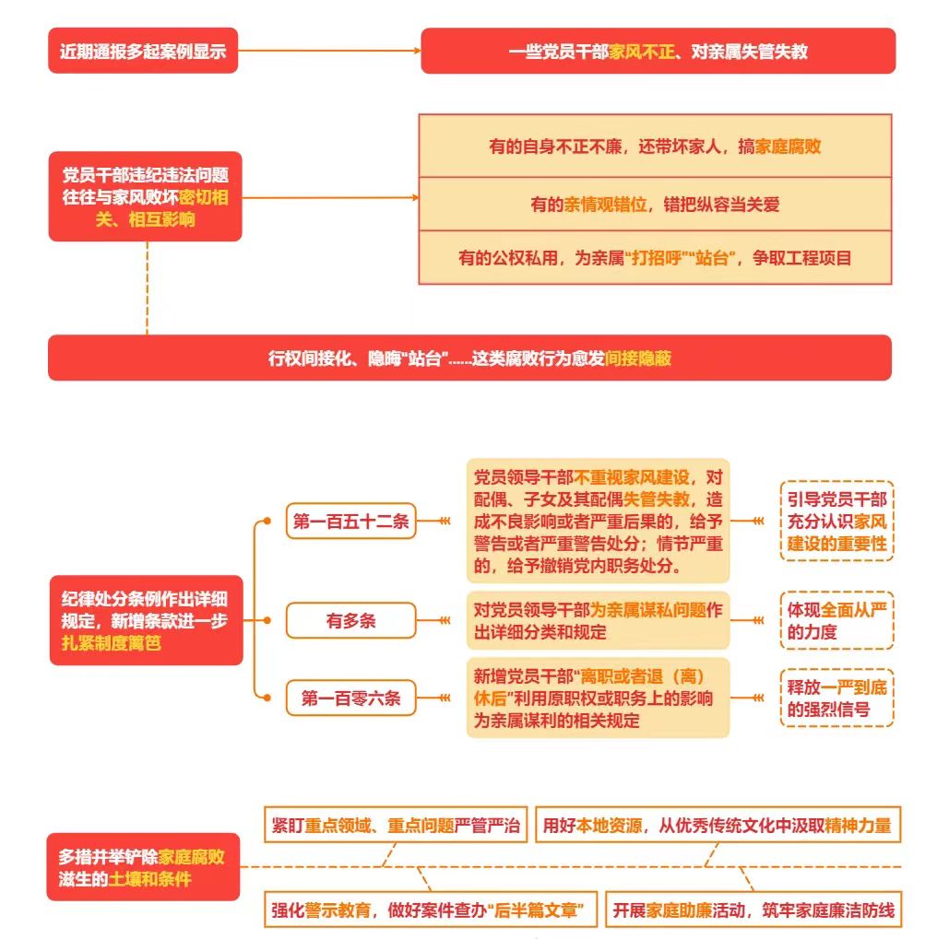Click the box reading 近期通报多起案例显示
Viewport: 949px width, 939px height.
click(x=143, y=51)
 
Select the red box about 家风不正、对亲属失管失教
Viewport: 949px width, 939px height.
click(x=658, y=51)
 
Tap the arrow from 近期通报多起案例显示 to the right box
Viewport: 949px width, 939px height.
click(x=329, y=51)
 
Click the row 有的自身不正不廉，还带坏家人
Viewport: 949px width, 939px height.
click(x=655, y=147)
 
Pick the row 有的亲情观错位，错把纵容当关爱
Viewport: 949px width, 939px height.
click(x=655, y=205)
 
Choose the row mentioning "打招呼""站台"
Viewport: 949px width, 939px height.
click(x=655, y=258)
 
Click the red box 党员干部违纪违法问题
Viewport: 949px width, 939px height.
click(x=146, y=196)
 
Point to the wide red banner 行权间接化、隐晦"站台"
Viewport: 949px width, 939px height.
click(x=469, y=358)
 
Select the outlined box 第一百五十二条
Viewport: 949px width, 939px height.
click(x=351, y=521)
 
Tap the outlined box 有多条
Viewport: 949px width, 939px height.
click(x=351, y=620)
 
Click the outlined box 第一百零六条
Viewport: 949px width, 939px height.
click(x=351, y=698)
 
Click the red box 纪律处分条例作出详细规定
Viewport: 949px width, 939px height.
click(x=147, y=620)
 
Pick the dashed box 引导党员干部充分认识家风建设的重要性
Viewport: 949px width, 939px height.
click(x=836, y=522)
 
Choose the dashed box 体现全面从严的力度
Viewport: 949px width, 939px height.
click(x=836, y=620)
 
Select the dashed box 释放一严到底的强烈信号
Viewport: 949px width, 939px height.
click(x=836, y=698)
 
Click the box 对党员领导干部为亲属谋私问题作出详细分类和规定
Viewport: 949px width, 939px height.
click(x=598, y=620)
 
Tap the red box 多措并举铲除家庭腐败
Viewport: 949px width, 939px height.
click(x=144, y=867)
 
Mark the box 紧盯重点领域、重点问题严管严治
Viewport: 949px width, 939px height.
click(x=396, y=825)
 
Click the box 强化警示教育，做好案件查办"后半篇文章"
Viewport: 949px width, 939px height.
click(x=431, y=910)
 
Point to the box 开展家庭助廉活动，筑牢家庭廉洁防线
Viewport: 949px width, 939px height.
click(x=753, y=910)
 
